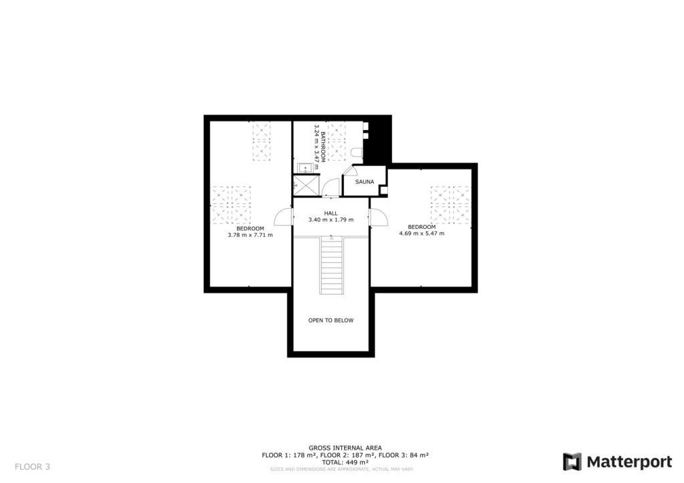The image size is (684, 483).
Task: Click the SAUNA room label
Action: (364, 181)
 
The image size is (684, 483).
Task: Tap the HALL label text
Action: (331, 213)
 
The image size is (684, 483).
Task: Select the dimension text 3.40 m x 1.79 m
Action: (331, 219)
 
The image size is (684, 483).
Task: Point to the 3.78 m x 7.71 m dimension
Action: (250, 235)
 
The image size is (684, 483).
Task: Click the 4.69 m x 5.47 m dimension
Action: (421, 233)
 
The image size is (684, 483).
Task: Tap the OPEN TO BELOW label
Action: (331, 320)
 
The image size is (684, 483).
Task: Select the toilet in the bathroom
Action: (357, 153)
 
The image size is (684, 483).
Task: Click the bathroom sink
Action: (303, 167)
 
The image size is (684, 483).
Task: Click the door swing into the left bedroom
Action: (284, 217)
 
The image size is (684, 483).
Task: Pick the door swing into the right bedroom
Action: (379, 217)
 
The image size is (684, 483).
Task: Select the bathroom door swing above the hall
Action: (331, 189)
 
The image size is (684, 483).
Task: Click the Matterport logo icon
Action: (572, 462)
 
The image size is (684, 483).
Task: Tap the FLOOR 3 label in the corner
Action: (32, 466)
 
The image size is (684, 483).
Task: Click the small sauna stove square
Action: (383, 191)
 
